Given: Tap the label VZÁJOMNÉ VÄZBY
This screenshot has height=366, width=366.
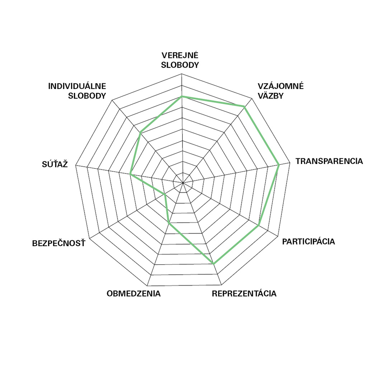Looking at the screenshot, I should coord(280,91).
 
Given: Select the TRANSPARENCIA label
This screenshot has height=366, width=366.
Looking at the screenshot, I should coord(329,161).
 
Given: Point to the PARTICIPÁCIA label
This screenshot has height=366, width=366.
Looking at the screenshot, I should coord(308,241).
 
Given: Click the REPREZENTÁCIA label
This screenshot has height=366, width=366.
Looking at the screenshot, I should coord(244,294).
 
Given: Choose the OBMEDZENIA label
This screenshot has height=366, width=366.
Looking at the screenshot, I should coord(133,294).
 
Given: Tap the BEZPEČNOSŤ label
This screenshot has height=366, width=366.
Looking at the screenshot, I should coord(59,243).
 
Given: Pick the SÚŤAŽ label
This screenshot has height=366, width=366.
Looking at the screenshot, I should coord(55,164).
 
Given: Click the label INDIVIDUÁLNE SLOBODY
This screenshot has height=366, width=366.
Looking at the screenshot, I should coord(77,91).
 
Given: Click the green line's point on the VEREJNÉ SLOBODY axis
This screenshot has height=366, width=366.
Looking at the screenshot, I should coord(182,96).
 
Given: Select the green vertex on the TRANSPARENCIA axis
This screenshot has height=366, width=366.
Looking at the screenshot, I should coord(279,165).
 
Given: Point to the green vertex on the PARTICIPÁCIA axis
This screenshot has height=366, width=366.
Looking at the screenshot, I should coord(259,225).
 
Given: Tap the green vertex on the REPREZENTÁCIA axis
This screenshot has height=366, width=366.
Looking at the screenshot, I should coord(214,264).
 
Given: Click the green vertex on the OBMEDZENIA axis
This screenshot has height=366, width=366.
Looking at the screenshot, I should coord(169,223).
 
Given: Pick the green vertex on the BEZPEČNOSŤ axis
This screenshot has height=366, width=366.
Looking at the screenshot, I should coord(165,194).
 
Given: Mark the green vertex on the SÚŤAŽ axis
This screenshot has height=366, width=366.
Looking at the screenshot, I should coord(131,174).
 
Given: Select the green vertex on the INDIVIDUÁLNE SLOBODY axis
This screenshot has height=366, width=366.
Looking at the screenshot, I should coord(140,133).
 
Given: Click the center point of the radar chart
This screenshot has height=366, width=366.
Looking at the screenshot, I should coord(182,183).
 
